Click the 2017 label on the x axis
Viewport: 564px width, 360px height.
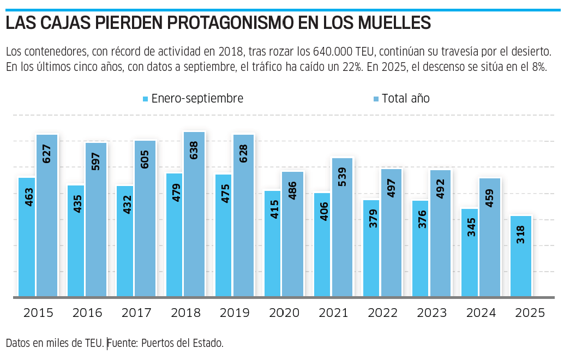pos(136,313)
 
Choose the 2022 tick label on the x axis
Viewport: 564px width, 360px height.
pos(382,313)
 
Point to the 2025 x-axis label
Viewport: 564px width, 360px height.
pos(530,313)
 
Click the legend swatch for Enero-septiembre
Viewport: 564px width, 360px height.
pos(145,99)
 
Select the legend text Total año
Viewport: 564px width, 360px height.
pos(406,99)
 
